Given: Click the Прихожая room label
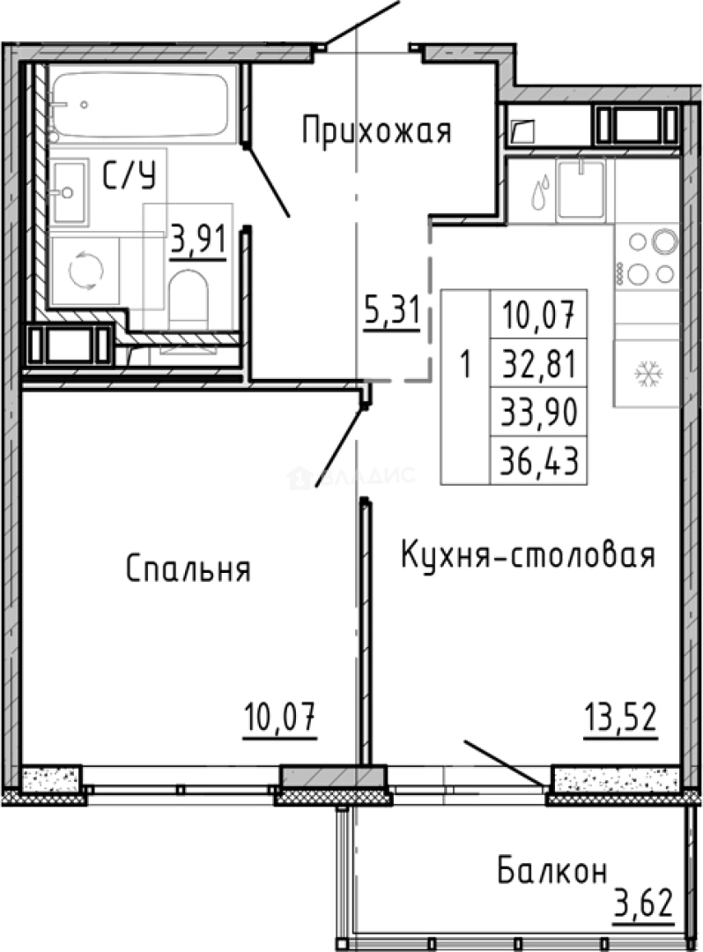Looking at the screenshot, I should click(x=376, y=131).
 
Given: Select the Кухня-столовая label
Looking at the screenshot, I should click(x=528, y=555).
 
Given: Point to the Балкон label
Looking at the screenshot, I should click(x=551, y=871).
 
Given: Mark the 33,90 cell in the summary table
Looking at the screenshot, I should click(x=537, y=411).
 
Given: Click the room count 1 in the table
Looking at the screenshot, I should click(x=465, y=362).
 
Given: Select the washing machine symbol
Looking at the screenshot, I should click(x=85, y=271).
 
